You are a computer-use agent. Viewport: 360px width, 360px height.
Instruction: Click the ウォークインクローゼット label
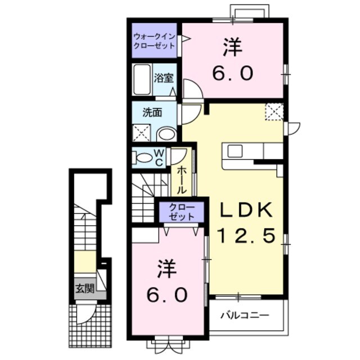coord(154,41)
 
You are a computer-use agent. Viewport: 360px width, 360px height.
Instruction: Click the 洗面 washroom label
coord(152,112)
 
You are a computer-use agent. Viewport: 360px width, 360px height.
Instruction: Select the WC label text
coord(159,157)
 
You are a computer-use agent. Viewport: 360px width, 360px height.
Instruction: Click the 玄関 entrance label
coord(84,290)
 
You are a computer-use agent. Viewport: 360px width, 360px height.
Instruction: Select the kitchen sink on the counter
coord(235,151)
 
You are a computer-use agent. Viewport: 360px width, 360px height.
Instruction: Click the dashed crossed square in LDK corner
coord(274,111)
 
